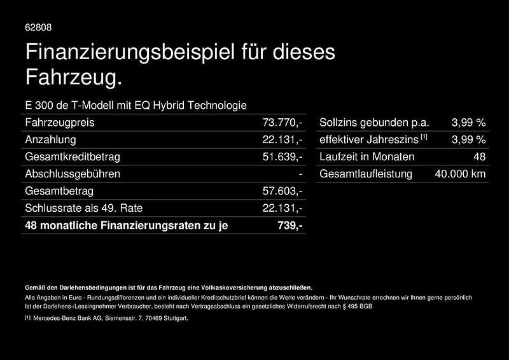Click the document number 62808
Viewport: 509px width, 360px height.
[38, 27]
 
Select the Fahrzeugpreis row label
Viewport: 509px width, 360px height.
[59, 122]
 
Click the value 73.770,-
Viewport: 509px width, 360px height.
[282, 122]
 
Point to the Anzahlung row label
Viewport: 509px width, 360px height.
[50, 139]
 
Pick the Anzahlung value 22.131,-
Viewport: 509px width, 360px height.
[282, 139]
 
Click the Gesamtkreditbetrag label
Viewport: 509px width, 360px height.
[72, 156]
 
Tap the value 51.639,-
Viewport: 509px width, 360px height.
[282, 156]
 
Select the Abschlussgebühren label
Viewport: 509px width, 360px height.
[72, 174]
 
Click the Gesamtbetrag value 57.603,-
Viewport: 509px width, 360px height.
[282, 191]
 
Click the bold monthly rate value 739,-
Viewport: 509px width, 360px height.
[290, 225]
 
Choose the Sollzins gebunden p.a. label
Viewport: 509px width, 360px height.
[375, 122]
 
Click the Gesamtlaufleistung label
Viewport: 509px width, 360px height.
[366, 174]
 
